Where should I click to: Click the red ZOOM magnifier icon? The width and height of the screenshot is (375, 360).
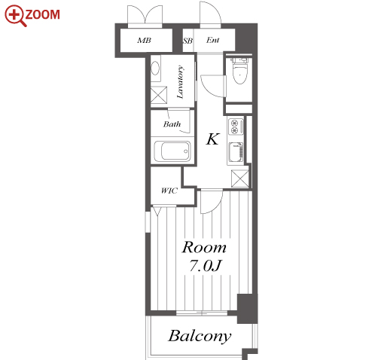tap(15, 16)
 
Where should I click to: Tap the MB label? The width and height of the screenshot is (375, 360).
tap(145, 41)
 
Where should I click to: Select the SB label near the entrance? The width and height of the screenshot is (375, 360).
tap(187, 41)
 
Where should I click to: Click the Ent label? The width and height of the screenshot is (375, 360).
tap(212, 40)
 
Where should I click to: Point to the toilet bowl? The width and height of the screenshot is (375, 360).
tap(240, 73)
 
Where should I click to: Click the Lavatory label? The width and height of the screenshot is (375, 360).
tap(180, 82)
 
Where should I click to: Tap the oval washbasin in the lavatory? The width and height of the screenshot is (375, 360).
tap(155, 68)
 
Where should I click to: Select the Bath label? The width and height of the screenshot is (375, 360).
tap(172, 124)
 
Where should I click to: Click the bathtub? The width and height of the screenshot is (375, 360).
tap(172, 151)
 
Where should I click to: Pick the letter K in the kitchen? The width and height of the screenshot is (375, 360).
tap(213, 139)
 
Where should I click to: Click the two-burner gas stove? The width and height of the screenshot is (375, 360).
tap(236, 127)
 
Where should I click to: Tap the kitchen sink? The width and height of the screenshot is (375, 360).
tap(236, 152)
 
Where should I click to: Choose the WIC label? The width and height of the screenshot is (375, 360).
tap(169, 191)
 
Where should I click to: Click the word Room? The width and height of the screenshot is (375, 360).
tap(204, 247)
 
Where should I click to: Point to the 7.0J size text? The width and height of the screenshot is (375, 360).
tap(205, 266)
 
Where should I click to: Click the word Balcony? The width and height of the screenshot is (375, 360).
tap(200, 336)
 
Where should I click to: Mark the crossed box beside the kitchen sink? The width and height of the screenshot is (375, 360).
tap(240, 178)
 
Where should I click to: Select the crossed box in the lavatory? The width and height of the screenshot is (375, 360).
tap(159, 95)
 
